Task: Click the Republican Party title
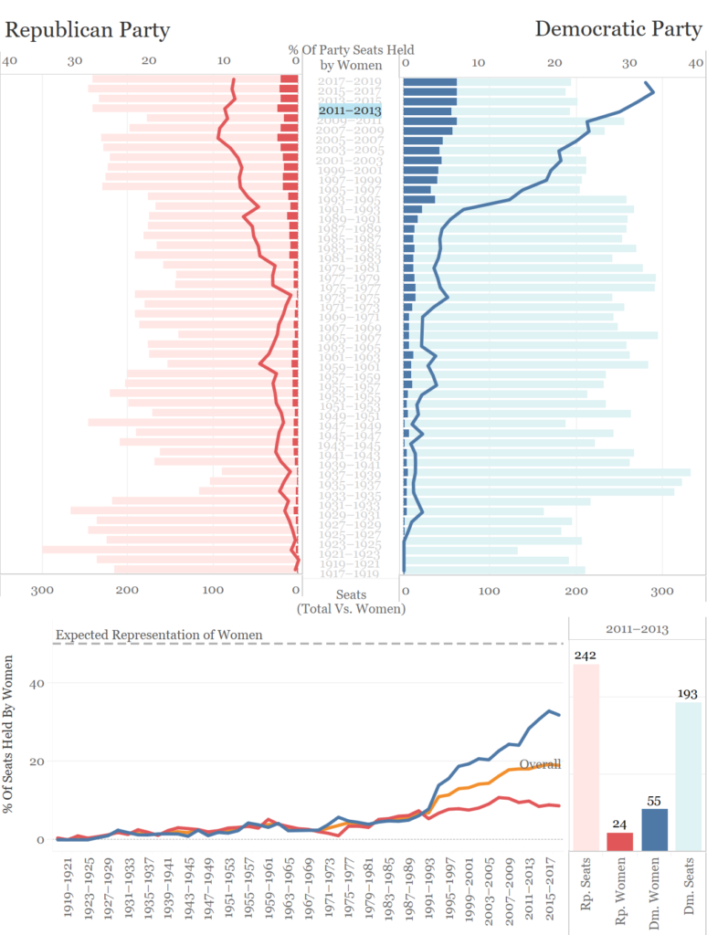pyautogui.click(x=88, y=30)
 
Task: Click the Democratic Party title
pyautogui.click(x=618, y=29)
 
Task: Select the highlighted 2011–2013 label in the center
pyautogui.click(x=350, y=110)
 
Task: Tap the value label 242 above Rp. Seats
pyautogui.click(x=586, y=655)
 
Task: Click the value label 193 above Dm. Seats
pyautogui.click(x=688, y=693)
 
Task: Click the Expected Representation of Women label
pyautogui.click(x=159, y=635)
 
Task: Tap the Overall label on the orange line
pyautogui.click(x=540, y=764)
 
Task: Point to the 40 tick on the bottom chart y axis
pyautogui.click(x=37, y=683)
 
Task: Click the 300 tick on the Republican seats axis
pyautogui.click(x=42, y=591)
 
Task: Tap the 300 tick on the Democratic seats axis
pyautogui.click(x=661, y=591)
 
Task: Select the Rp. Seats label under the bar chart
pyautogui.click(x=586, y=887)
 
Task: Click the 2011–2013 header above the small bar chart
pyautogui.click(x=637, y=629)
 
